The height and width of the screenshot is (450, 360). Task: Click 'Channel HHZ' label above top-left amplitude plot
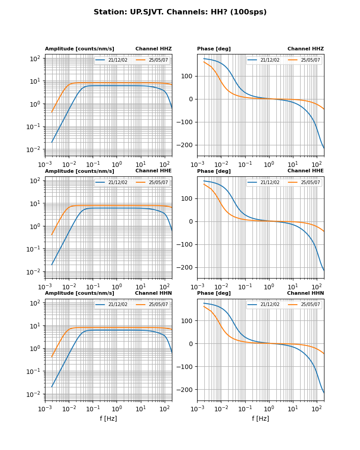pos(153,49)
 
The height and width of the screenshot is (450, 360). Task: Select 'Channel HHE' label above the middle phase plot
pos(306,171)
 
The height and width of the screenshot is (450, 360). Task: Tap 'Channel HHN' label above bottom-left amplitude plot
pos(153,293)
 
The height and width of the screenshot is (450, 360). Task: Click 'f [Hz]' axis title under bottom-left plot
pos(108,418)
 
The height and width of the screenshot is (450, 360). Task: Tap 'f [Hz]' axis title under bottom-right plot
pos(261,418)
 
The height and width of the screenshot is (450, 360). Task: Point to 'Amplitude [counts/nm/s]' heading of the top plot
pos(80,49)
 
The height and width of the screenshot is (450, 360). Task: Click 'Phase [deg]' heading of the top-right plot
pos(214,49)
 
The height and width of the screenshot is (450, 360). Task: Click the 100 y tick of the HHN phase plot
pos(188,321)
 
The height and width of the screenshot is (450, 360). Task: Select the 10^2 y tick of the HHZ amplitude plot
pos(36,58)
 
